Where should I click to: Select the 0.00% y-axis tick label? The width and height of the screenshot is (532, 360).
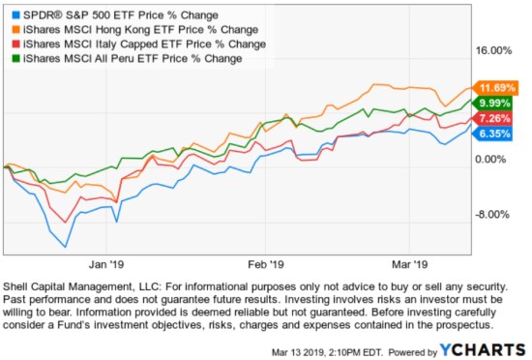(498, 159)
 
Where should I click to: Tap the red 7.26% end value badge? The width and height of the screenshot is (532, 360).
(491, 118)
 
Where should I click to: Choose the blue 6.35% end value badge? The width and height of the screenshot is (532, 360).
(491, 134)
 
